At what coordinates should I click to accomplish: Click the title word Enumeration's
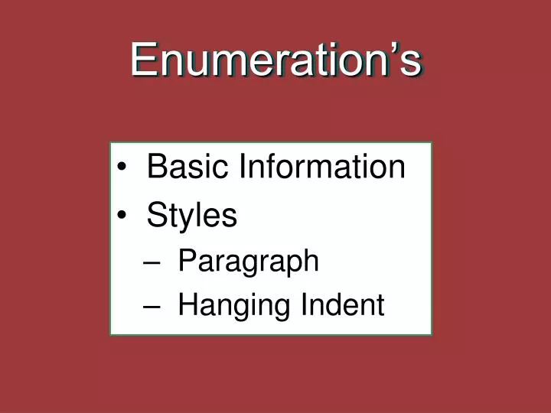click(275, 59)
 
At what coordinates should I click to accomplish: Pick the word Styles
click(192, 216)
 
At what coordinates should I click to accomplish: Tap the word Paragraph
click(248, 262)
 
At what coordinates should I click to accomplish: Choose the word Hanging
click(223, 306)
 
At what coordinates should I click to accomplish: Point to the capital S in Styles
click(157, 216)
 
